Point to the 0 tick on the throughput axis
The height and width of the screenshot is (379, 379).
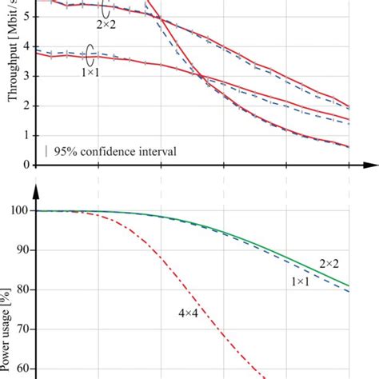point(26,165)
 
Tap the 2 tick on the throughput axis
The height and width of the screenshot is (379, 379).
point(26,106)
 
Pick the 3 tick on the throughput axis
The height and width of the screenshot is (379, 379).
point(26,76)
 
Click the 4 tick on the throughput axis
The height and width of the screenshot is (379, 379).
point(26,46)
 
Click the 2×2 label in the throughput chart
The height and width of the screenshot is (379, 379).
point(107,26)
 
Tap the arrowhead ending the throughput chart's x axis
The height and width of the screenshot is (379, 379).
point(370,166)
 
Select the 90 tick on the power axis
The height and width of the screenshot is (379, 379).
point(23,250)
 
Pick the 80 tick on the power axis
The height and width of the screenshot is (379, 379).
point(23,289)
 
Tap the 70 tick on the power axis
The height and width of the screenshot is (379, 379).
point(23,329)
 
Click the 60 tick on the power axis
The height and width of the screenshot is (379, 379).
point(23,368)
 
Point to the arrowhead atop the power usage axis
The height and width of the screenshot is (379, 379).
point(35,191)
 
